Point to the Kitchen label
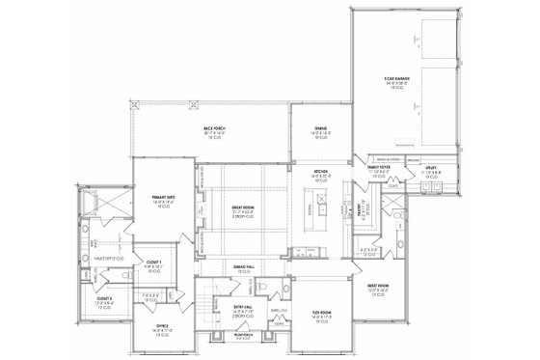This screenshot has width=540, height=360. click(321, 174)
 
